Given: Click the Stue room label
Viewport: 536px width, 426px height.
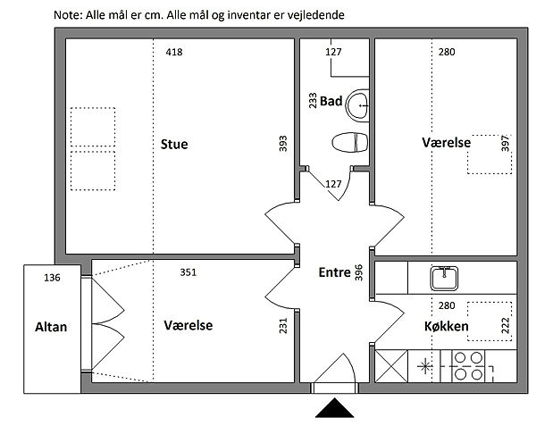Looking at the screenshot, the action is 174,144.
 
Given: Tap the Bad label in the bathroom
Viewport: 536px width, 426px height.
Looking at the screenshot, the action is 331,101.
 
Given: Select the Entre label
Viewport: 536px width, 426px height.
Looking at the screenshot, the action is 335,272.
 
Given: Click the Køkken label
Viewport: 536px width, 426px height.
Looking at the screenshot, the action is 446,326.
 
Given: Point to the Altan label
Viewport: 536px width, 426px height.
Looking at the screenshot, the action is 51,327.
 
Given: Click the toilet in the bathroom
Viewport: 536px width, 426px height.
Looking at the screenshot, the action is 350,143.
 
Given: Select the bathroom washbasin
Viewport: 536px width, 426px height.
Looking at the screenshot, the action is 358,105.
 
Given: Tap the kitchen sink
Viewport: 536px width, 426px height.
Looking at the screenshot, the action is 444,278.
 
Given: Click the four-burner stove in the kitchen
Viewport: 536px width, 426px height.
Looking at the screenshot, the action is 468,366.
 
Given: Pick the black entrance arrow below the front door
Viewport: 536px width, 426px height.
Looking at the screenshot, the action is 334,407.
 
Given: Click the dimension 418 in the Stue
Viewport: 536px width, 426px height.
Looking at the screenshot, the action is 174,52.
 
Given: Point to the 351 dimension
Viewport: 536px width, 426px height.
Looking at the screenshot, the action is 188,272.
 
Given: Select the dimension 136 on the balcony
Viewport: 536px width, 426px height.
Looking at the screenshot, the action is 52,278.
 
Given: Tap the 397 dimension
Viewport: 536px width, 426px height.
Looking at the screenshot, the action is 506,144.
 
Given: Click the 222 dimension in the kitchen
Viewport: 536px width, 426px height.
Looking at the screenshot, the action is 506,325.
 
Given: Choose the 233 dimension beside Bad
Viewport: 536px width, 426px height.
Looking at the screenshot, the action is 313,100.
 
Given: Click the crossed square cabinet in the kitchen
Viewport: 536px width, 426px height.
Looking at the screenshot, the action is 391,366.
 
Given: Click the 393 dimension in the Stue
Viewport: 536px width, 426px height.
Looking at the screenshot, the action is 283,144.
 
